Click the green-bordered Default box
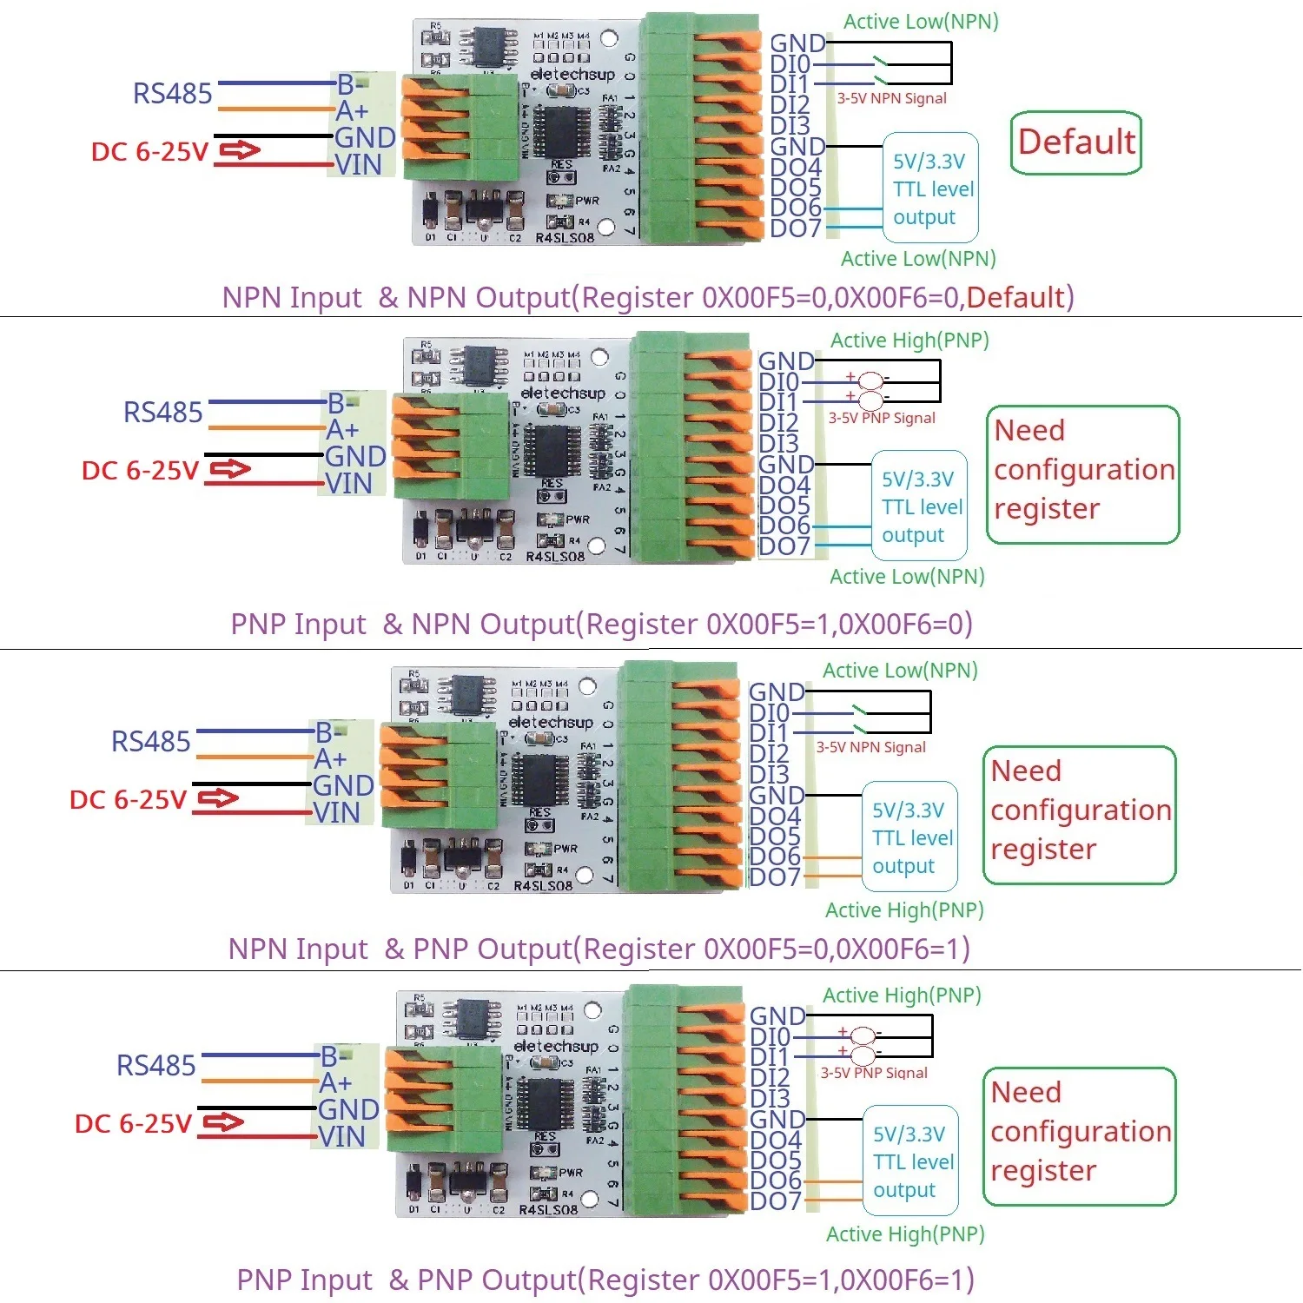(1075, 142)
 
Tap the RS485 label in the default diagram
(172, 93)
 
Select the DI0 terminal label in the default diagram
(790, 63)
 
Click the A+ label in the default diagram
(352, 111)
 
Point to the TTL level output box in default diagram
(930, 189)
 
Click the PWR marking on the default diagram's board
(587, 201)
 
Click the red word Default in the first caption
(1015, 297)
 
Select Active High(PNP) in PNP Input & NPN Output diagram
(909, 341)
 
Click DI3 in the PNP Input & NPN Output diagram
(777, 444)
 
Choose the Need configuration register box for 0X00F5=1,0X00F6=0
(1083, 474)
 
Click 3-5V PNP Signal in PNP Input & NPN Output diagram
(882, 418)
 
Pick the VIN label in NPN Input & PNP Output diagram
(336, 813)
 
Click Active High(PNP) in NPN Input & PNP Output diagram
(904, 909)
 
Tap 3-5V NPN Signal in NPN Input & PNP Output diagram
(870, 747)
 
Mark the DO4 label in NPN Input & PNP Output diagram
(774, 816)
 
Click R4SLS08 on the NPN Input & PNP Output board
(543, 886)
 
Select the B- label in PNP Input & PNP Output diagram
(335, 1056)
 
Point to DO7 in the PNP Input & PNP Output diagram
(775, 1201)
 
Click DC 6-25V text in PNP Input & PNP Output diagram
(133, 1123)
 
